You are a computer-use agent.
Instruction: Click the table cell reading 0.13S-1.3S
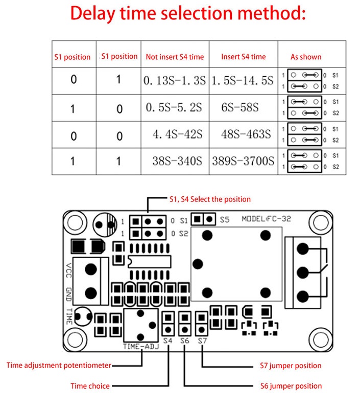click(175, 81)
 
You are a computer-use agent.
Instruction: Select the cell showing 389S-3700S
click(243, 162)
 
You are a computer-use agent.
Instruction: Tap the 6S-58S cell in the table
click(243, 108)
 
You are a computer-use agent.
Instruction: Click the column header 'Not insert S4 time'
click(175, 57)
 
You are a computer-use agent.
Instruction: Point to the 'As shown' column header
click(306, 57)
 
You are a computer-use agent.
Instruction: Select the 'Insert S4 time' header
click(244, 57)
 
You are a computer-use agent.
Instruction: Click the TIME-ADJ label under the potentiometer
click(141, 346)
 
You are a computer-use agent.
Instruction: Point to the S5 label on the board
click(225, 220)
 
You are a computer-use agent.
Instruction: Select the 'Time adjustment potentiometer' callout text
click(59, 366)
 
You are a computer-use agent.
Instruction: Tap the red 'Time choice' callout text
click(90, 386)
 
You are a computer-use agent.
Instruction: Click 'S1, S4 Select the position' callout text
click(210, 199)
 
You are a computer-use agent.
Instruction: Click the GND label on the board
click(69, 294)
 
